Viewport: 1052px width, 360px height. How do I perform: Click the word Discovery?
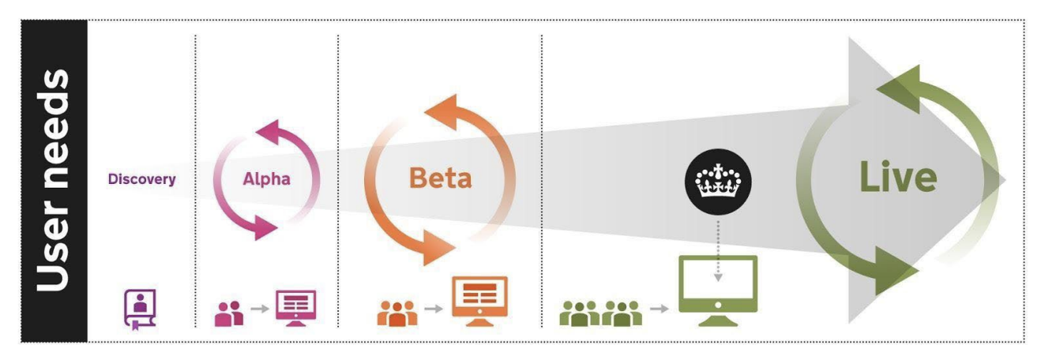tap(142, 179)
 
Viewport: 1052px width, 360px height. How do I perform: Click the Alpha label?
tap(266, 179)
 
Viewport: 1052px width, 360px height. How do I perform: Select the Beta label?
tap(440, 178)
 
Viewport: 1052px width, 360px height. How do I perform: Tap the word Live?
tap(898, 177)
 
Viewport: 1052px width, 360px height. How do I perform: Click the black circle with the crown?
tap(718, 182)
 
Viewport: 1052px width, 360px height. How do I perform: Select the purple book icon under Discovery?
tap(140, 309)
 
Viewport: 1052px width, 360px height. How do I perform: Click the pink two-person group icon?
tap(229, 313)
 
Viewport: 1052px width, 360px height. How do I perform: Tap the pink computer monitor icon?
tap(295, 308)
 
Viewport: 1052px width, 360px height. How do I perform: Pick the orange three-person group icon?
tap(396, 313)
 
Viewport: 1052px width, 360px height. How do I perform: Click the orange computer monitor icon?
tap(479, 302)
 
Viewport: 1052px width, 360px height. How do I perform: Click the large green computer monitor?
tap(718, 291)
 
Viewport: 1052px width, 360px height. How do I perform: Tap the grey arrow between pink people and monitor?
tap(260, 309)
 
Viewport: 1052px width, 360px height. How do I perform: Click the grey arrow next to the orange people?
tap(434, 309)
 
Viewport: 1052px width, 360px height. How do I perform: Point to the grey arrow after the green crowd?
tap(659, 309)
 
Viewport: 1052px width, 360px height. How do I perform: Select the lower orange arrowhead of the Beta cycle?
tap(437, 248)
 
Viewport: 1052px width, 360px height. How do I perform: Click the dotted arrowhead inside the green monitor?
tap(718, 277)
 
